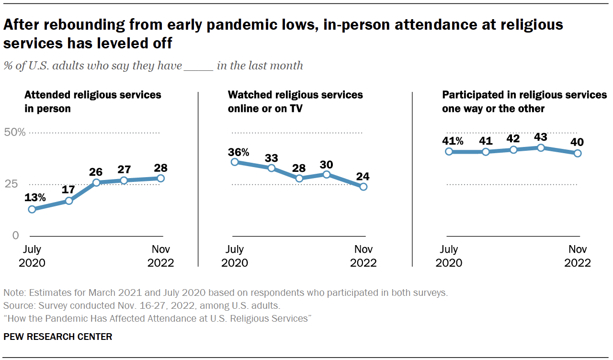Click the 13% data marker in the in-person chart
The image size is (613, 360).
32,209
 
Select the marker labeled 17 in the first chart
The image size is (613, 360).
69,201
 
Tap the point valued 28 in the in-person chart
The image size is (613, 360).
161,178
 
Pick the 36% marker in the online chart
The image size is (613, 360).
235,162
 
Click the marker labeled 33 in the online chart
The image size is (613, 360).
272,168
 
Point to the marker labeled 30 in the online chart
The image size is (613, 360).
327,174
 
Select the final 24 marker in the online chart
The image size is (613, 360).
363,187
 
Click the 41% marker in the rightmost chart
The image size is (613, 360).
449,151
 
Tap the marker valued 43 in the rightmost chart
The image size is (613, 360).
541,147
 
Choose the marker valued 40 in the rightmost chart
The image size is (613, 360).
578,153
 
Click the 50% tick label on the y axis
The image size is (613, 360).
15,132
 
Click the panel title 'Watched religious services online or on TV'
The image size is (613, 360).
295,101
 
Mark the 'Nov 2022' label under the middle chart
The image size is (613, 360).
363,256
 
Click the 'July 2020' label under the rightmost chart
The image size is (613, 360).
449,256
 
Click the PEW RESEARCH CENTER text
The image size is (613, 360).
58,337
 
